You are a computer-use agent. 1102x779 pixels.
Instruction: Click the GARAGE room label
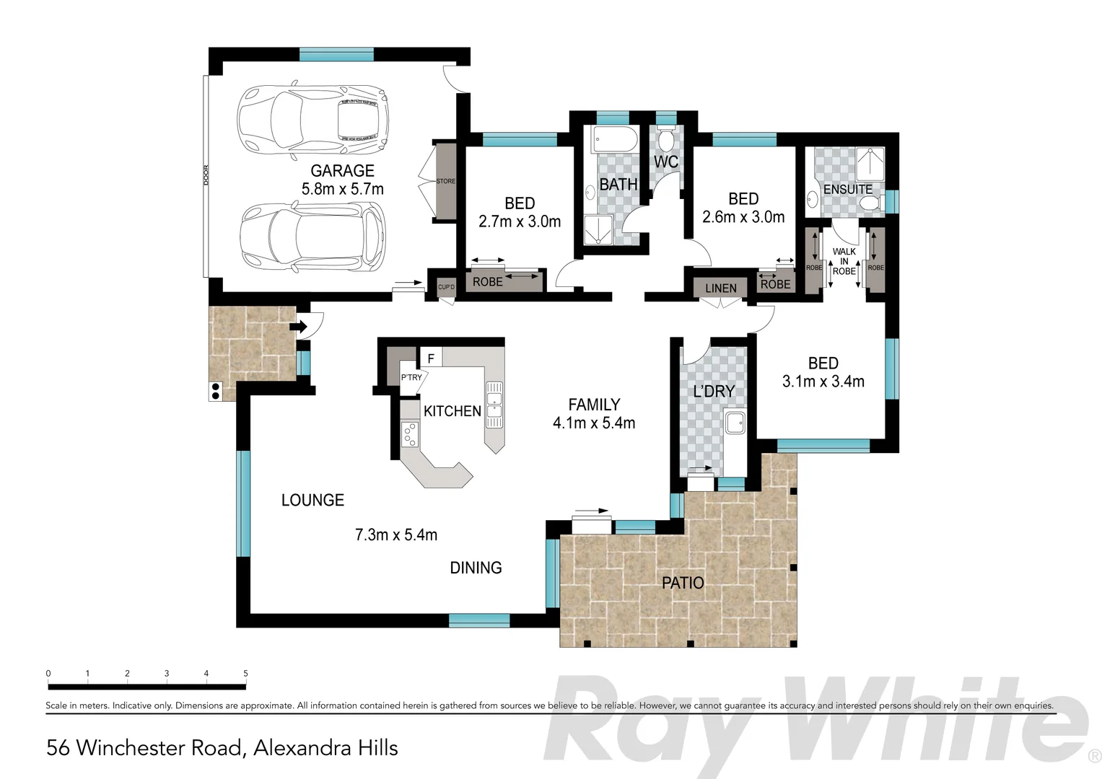(342, 171)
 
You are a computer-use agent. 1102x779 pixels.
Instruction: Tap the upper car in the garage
(312, 120)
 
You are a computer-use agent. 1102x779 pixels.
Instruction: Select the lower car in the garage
(312, 236)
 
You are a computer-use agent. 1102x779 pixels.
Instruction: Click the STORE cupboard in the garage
(445, 182)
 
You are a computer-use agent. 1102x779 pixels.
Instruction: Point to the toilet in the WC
(665, 136)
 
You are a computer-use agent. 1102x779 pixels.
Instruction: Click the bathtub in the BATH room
(614, 138)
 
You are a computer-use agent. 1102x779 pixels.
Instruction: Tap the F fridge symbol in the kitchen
(431, 358)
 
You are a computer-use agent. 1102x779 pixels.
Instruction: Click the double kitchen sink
(494, 402)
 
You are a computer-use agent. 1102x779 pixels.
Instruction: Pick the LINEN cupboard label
(720, 289)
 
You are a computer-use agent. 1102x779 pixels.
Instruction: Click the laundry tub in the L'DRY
(735, 423)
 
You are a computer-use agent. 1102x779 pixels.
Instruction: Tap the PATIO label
(683, 583)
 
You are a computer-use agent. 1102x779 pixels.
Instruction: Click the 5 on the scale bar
(245, 674)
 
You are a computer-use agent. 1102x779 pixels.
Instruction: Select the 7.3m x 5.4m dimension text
(396, 535)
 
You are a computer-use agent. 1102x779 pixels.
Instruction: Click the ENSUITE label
(848, 190)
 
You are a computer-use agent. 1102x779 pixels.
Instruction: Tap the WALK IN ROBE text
(844, 262)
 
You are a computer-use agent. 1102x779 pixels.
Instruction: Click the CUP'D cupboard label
(446, 287)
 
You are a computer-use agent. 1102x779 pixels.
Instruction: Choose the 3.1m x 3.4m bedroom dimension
(823, 382)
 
